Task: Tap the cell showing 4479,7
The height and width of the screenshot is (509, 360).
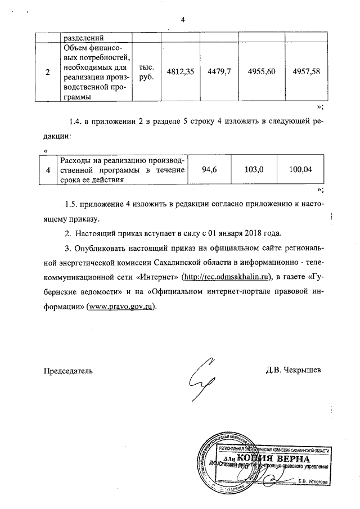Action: coord(215,71)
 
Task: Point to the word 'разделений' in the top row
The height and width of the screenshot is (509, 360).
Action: coord(81,37)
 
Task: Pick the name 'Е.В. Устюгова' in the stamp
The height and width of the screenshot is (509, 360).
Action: coord(313,481)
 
